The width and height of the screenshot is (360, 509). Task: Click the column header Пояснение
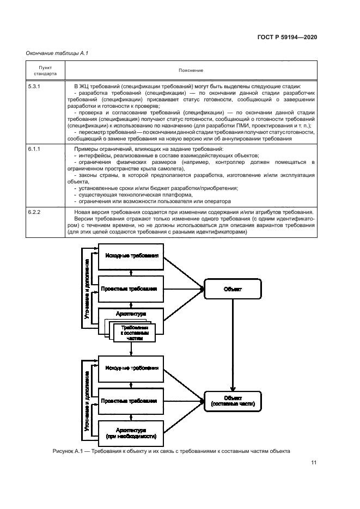pyautogui.click(x=190, y=70)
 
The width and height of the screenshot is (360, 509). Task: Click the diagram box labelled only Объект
pyautogui.click(x=233, y=290)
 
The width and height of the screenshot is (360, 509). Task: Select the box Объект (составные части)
pyautogui.click(x=233, y=401)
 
